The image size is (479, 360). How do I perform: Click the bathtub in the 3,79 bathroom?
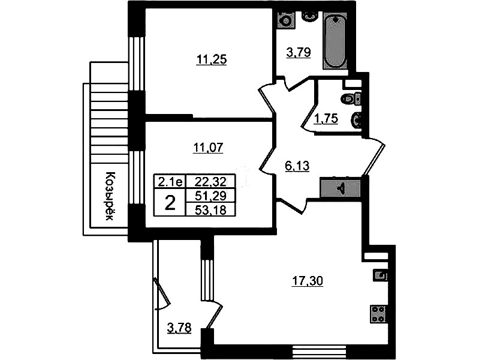(336, 41)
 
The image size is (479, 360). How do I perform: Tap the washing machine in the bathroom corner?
(286, 20)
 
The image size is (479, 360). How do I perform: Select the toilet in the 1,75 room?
(350, 99)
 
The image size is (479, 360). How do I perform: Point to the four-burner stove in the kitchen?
(378, 314)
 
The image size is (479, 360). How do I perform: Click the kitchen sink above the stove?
(380, 275)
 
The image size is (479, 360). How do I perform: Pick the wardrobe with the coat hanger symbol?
(341, 187)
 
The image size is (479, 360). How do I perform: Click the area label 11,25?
(212, 59)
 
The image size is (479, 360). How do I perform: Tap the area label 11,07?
(208, 148)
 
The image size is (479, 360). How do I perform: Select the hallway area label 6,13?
(297, 166)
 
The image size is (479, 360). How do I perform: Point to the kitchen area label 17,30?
(308, 281)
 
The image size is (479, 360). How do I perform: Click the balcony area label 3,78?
(179, 328)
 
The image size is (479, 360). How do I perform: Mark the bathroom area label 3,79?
(299, 52)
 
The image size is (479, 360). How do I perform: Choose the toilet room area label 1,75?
(326, 118)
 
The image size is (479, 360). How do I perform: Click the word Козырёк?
(109, 196)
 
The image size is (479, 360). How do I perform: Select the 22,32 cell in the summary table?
(211, 182)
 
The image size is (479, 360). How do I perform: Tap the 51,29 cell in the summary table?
(211, 196)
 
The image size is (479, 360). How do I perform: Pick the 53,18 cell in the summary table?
(211, 210)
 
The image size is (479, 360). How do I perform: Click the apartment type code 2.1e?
(170, 182)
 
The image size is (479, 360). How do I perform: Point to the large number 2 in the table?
(170, 203)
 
